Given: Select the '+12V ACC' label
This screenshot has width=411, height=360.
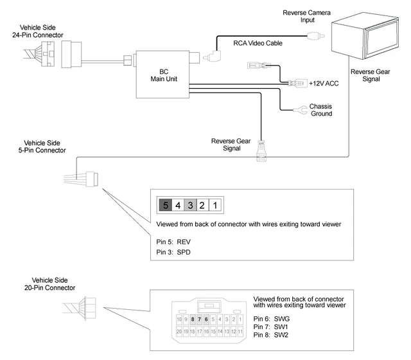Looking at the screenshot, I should [x=323, y=84].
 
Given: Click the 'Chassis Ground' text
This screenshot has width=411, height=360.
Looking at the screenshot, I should [x=321, y=110].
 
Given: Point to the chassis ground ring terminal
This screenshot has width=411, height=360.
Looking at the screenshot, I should [x=298, y=111].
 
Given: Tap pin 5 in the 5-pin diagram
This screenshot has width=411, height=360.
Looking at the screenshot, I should [x=166, y=206].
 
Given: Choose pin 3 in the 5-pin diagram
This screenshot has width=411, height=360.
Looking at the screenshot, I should [x=189, y=206].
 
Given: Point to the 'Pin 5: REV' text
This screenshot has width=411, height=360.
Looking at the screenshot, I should [x=173, y=241].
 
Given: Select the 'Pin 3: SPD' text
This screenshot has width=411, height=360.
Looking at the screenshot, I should [x=173, y=252].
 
